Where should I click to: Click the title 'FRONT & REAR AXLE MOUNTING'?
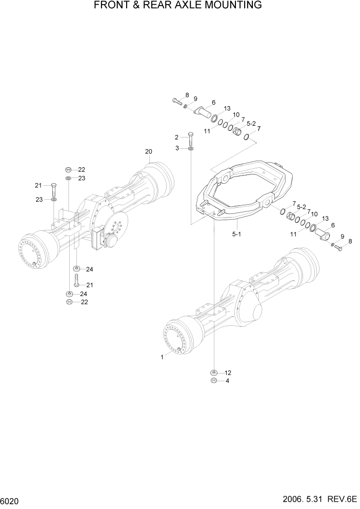pyautogui.click(x=178, y=6)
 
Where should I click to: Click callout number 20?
pyautogui.click(x=149, y=151)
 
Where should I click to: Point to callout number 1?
pyautogui.click(x=162, y=357)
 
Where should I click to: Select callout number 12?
pyautogui.click(x=228, y=373)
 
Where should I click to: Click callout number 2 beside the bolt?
pyautogui.click(x=176, y=137)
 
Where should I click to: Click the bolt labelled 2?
pyautogui.click(x=191, y=138)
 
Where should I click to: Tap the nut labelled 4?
pyautogui.click(x=213, y=381)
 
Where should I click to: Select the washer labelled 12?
pyautogui.click(x=213, y=373)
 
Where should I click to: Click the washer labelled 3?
pyautogui.click(x=191, y=148)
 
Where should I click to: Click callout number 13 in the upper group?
pyautogui.click(x=227, y=108)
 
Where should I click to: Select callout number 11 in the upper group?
pyautogui.click(x=207, y=131)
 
